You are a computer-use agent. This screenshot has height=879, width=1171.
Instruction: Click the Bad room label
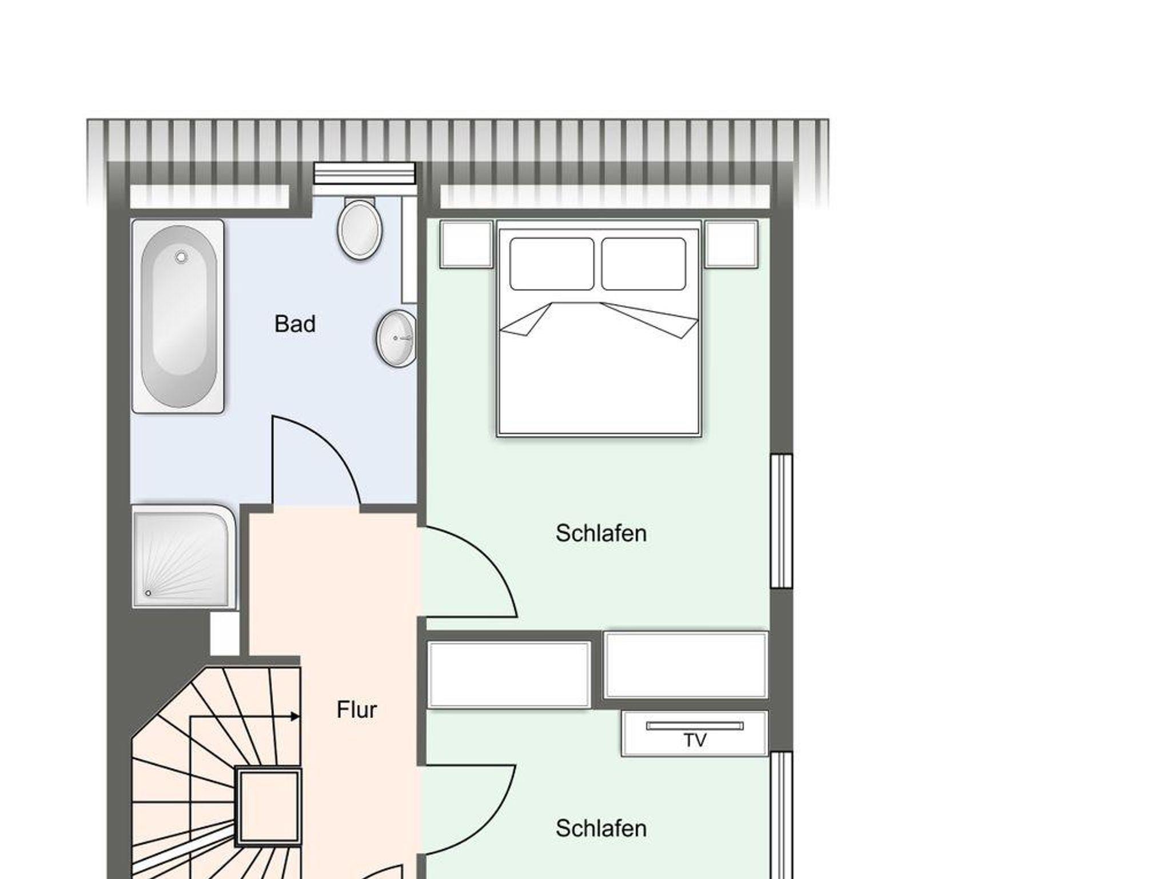pos(295,324)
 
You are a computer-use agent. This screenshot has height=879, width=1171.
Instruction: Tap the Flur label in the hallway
pos(357,710)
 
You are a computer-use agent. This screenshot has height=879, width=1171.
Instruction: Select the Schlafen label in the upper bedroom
pos(601,533)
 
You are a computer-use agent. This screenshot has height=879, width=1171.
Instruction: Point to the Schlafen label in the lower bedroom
pos(601,828)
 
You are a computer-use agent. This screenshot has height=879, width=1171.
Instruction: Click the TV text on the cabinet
pos(695,741)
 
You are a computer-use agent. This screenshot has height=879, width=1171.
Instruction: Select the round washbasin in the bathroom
pos(396,338)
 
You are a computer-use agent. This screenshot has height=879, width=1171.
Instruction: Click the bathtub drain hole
pos(181,257)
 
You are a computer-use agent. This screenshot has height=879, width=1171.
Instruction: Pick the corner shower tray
pos(184,556)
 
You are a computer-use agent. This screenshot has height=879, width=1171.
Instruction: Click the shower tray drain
pos(148,593)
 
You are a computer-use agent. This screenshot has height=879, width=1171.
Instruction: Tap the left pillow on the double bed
pos(552,264)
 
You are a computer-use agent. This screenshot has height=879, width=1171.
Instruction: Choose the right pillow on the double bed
pos(644,264)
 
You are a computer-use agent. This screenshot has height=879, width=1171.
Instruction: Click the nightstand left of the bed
pos(467,244)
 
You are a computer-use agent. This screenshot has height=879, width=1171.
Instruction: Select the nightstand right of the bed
pos(731,244)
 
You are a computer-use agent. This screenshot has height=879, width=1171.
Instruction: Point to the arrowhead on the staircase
pos(295,716)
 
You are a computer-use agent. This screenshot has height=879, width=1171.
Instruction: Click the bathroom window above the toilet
pos(364,174)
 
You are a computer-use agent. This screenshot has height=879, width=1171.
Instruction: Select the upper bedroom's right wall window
pos(781,521)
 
